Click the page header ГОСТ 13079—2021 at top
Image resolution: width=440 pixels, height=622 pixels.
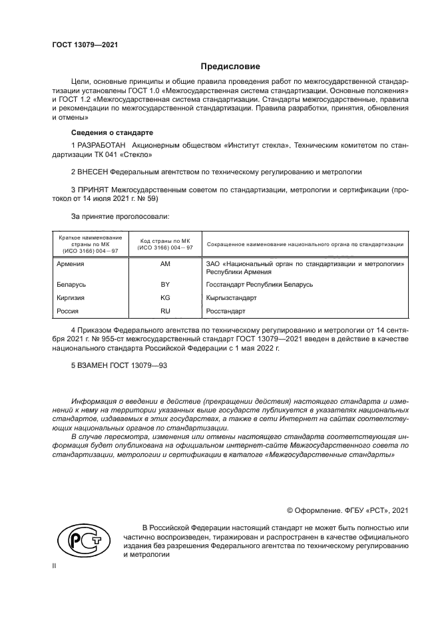tap(85, 45)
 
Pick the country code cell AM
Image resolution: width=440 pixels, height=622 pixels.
tap(165, 264)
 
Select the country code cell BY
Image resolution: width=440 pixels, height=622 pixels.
tap(165, 284)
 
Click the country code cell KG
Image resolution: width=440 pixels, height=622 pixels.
tap(165, 297)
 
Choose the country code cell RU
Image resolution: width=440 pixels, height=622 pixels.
tap(165, 311)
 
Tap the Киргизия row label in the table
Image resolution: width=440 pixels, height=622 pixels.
tap(71, 297)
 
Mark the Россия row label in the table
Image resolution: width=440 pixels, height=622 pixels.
tap(68, 311)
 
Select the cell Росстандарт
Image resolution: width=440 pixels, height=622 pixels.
tap(226, 311)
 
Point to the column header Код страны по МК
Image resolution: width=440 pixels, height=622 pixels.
tap(165, 239)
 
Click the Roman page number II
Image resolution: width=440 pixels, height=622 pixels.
tap(54, 565)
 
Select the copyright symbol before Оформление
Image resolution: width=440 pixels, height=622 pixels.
tap(290, 510)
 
